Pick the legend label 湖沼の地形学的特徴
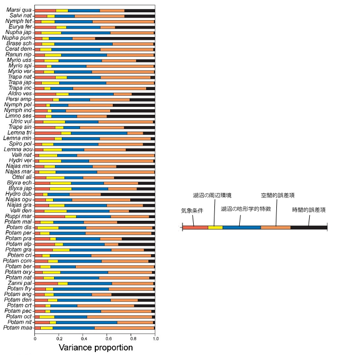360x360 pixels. [x=246, y=209]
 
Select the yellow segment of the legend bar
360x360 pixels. [x=215, y=227]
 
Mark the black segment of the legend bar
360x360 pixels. [x=309, y=227]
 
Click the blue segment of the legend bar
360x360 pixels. [x=241, y=227]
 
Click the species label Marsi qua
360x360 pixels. [x=19, y=10]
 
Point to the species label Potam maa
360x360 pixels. [x=18, y=328]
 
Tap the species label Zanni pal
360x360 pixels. [x=19, y=283]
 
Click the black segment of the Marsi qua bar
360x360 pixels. [x=140, y=10]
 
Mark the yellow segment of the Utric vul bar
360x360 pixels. [x=54, y=121]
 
